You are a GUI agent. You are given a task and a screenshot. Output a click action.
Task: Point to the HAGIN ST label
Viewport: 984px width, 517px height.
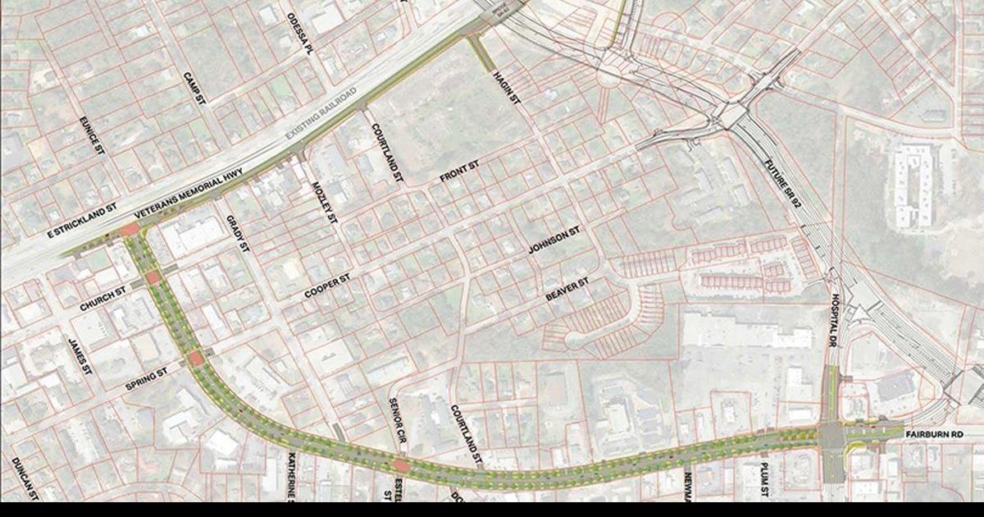tap(507, 88)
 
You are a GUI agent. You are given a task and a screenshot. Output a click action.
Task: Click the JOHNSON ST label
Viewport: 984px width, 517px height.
tap(554, 240)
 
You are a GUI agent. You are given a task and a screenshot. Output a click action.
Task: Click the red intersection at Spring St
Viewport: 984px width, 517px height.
tap(196, 359)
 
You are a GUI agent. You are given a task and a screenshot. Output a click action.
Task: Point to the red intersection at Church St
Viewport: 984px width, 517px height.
tap(153, 278)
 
